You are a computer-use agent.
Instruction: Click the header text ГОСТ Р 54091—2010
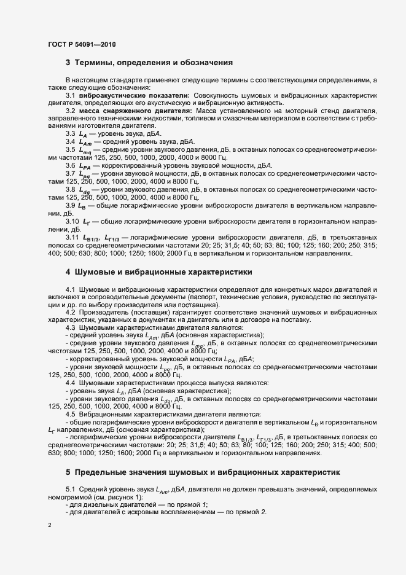(81, 45)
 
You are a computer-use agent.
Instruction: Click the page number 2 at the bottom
(49, 525)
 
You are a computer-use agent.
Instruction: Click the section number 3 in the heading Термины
(68, 62)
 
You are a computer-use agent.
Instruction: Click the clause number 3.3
(71, 133)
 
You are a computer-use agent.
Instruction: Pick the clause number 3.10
(72, 221)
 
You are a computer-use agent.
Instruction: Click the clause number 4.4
(71, 383)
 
